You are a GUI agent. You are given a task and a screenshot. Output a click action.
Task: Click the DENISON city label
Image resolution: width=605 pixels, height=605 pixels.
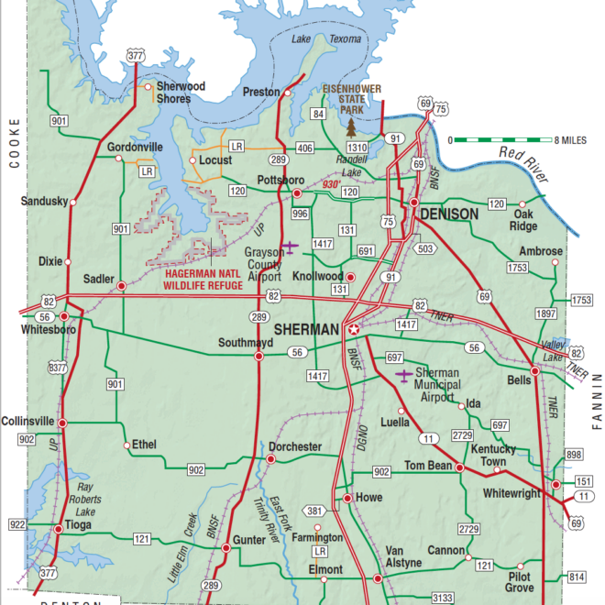click(449, 214)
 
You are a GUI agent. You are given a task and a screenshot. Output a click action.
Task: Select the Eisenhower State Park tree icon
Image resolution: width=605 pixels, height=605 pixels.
click(349, 126)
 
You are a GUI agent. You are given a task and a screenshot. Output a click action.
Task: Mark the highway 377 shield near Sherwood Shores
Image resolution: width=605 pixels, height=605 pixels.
click(136, 57)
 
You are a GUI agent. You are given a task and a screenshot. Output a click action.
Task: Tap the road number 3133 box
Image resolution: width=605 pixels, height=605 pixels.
click(443, 598)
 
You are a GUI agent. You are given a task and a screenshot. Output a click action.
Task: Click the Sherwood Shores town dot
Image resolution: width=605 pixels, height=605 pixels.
click(148, 87)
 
